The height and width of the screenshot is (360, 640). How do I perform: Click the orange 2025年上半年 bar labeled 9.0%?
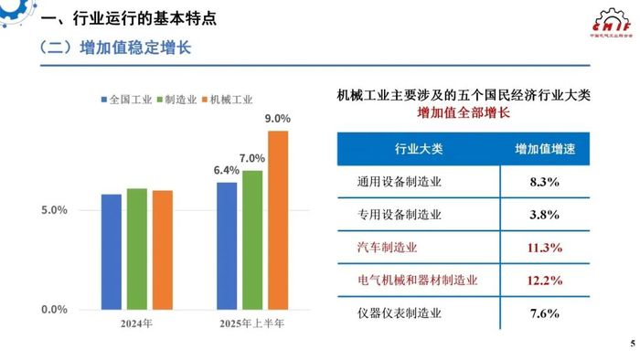pyautogui.click(x=278, y=219)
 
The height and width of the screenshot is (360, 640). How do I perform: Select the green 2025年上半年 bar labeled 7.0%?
pyautogui.click(x=252, y=239)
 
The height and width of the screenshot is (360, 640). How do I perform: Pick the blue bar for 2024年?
pyautogui.click(x=112, y=251)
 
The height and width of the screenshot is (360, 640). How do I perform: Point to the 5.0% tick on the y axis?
pyautogui.click(x=56, y=210)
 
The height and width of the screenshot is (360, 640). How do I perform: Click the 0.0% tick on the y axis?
pyautogui.click(x=56, y=310)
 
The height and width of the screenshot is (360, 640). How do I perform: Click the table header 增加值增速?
pyautogui.click(x=545, y=148)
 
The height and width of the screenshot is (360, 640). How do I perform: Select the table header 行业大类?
pyautogui.click(x=418, y=148)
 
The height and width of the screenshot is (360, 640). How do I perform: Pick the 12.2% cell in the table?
pyautogui.click(x=545, y=280)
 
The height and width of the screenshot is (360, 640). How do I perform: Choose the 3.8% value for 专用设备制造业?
pyautogui.click(x=545, y=215)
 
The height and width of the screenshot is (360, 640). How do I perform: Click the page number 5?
pyautogui.click(x=632, y=344)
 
